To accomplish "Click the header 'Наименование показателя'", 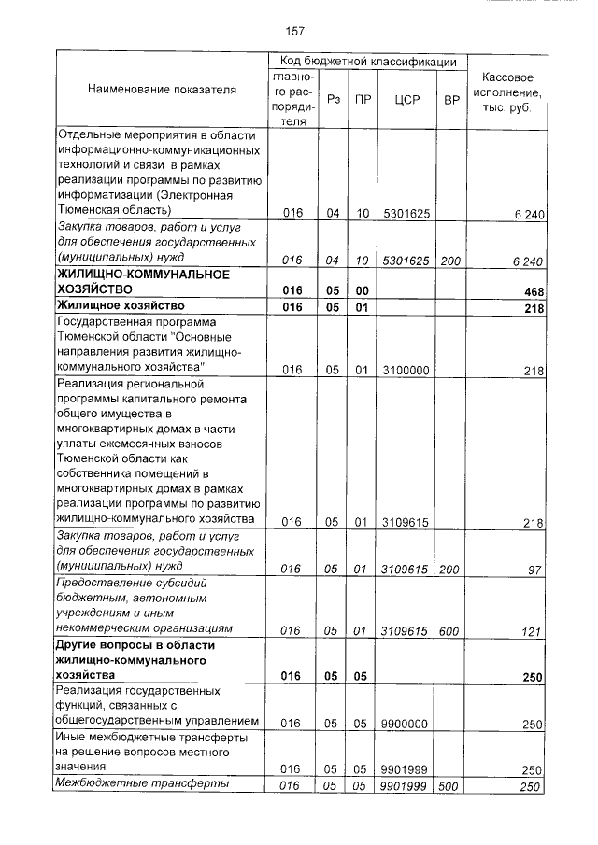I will [x=162, y=90].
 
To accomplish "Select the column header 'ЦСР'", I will [x=405, y=99].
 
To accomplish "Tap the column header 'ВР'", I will [x=450, y=99].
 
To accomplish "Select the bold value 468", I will [x=533, y=292].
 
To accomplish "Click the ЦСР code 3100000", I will [x=405, y=371].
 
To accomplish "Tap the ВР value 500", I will [x=449, y=786].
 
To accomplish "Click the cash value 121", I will [x=532, y=631].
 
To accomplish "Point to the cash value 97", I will [x=535, y=570].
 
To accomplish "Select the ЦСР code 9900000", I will [x=405, y=724].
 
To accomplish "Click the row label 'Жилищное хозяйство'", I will [x=119, y=305].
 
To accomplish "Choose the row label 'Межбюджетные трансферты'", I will [x=142, y=785].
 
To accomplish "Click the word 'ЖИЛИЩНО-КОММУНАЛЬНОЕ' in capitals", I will [x=143, y=275].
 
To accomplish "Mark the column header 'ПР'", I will [x=363, y=99].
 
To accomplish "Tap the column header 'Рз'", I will [x=333, y=99].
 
